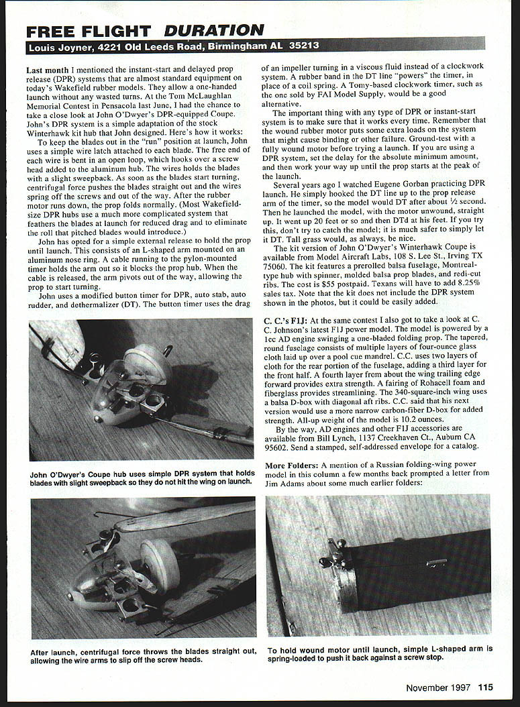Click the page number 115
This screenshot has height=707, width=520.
tap(485, 686)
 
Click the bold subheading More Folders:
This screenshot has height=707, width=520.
tap(291, 465)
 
